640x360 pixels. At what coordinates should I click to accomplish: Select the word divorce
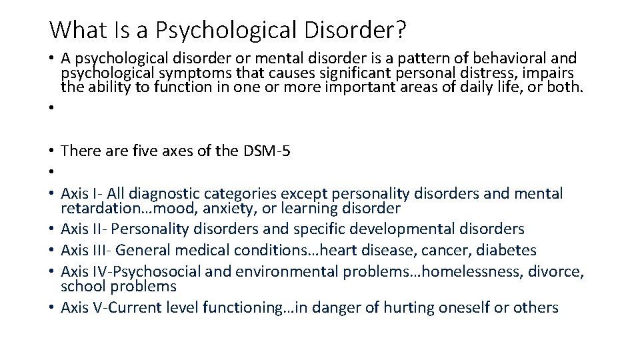tap(559, 272)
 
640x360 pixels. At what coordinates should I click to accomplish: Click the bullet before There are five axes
tap(52, 151)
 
